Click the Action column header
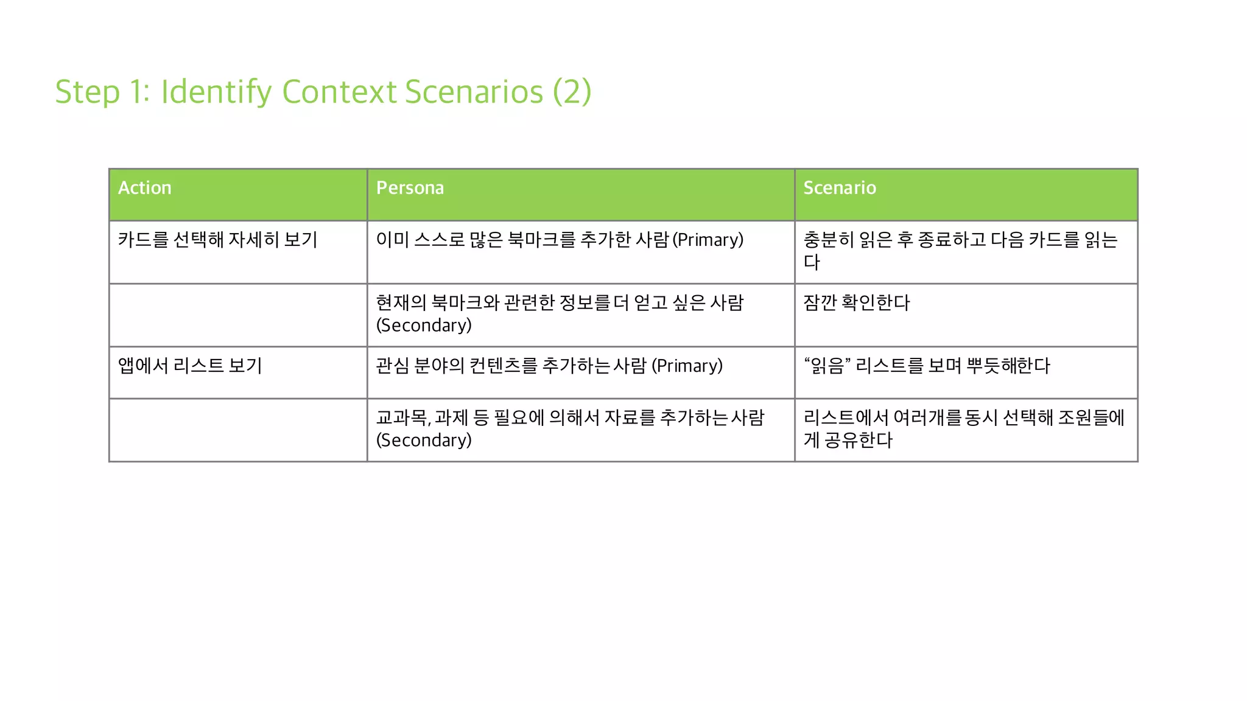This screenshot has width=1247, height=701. [145, 188]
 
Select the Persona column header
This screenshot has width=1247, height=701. [410, 188]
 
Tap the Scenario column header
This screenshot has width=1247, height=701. [839, 188]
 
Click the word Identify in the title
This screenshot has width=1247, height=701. [216, 92]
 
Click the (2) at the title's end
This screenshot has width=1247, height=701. [572, 92]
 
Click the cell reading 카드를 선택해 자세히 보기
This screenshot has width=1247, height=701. [217, 240]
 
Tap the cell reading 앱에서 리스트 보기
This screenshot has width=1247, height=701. [190, 366]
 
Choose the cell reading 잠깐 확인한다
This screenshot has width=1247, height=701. [856, 303]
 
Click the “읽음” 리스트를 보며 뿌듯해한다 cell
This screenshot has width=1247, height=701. [927, 366]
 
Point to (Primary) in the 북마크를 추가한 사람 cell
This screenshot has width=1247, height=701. [708, 240]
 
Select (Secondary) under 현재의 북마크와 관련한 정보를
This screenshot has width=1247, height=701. [424, 326]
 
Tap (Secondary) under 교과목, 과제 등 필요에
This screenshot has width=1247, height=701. [424, 441]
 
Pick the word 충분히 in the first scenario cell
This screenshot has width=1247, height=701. [829, 240]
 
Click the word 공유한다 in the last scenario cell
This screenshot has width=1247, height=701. [859, 441]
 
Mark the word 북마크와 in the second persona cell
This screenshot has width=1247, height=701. [465, 303]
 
